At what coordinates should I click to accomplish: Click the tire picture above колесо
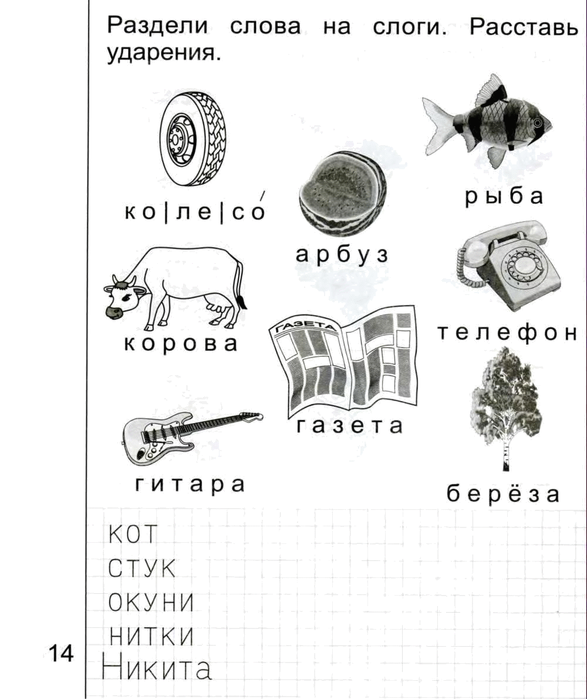pos(193,140)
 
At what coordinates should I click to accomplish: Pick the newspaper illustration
pos(343,359)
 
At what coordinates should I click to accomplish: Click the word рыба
pos(504,197)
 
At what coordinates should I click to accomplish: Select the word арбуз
pos(342,255)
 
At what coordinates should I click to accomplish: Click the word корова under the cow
pos(180,344)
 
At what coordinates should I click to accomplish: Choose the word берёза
pos(503,493)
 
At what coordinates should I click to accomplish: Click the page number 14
pos(61,654)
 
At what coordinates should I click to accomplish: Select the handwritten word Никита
pos(156,668)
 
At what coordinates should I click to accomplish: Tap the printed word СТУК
pos(141,569)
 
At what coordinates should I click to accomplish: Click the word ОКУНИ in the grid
pos(151,603)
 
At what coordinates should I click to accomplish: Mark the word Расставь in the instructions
pos(524,27)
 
